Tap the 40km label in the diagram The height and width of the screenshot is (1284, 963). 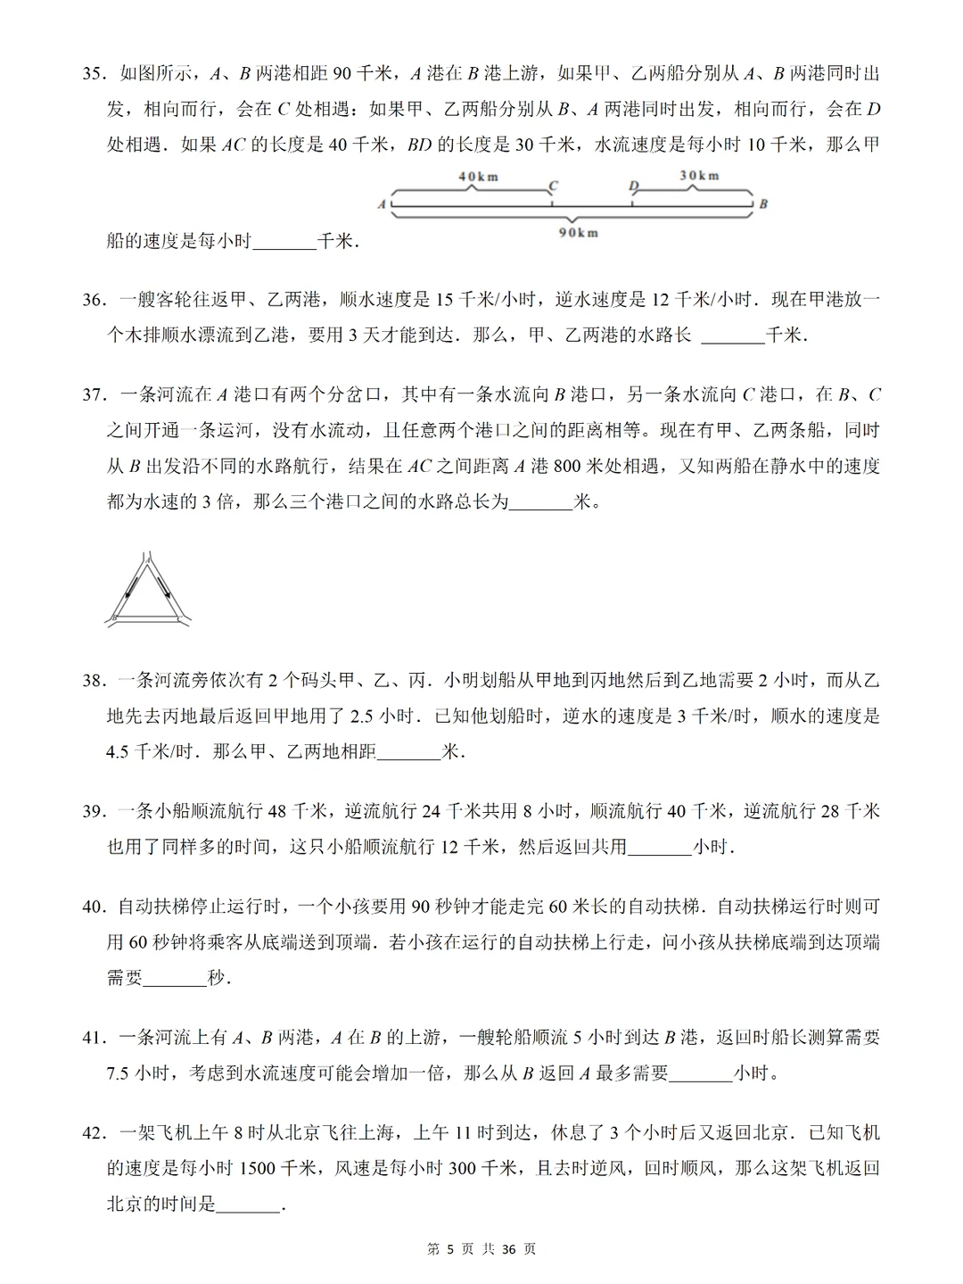coord(479,177)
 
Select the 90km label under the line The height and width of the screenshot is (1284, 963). coord(578,233)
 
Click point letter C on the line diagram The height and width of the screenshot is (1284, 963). coord(553,186)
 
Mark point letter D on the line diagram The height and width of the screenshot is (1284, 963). coord(633,186)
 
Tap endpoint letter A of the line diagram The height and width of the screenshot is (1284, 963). coord(382,204)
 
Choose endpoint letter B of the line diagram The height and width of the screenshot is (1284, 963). coord(763,204)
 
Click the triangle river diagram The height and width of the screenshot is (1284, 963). coord(149,589)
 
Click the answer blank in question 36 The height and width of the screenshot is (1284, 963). coord(733,337)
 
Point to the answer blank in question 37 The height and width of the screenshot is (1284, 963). coord(540,503)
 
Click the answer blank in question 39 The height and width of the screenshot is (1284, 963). coord(660,848)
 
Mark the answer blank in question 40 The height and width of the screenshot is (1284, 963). coord(175,979)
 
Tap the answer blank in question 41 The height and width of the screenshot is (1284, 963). coord(701,1074)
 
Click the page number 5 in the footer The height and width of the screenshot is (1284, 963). coord(450,1249)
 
